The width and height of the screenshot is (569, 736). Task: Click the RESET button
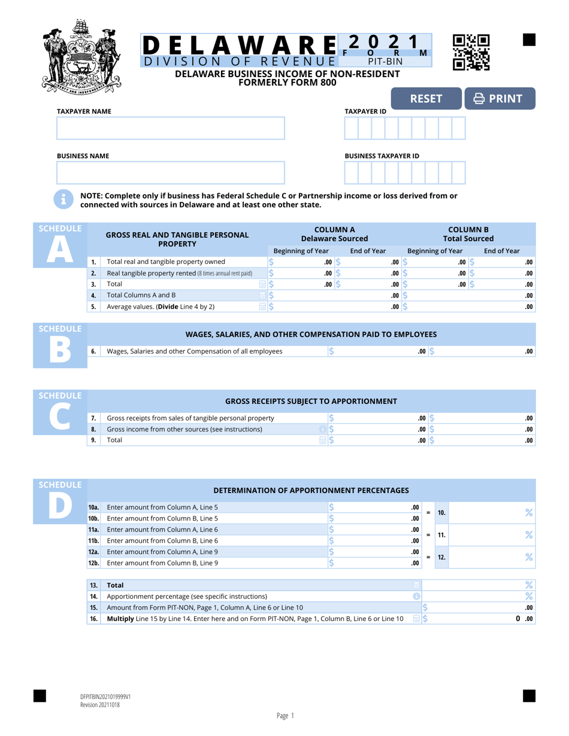tap(425, 99)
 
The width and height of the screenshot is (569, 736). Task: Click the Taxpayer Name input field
tap(171, 129)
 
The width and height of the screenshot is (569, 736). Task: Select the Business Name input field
tap(171, 173)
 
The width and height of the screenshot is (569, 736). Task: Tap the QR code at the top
tap(471, 53)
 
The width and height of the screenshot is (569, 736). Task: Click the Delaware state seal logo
tap(82, 54)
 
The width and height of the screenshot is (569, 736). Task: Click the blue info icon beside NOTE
tap(63, 200)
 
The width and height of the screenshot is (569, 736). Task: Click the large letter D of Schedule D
tap(60, 506)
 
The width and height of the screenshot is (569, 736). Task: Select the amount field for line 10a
tap(374, 507)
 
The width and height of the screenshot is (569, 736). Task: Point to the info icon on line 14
tap(417, 596)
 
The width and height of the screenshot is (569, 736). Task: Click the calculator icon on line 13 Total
tap(417, 585)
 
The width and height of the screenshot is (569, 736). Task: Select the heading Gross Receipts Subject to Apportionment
tap(311, 401)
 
